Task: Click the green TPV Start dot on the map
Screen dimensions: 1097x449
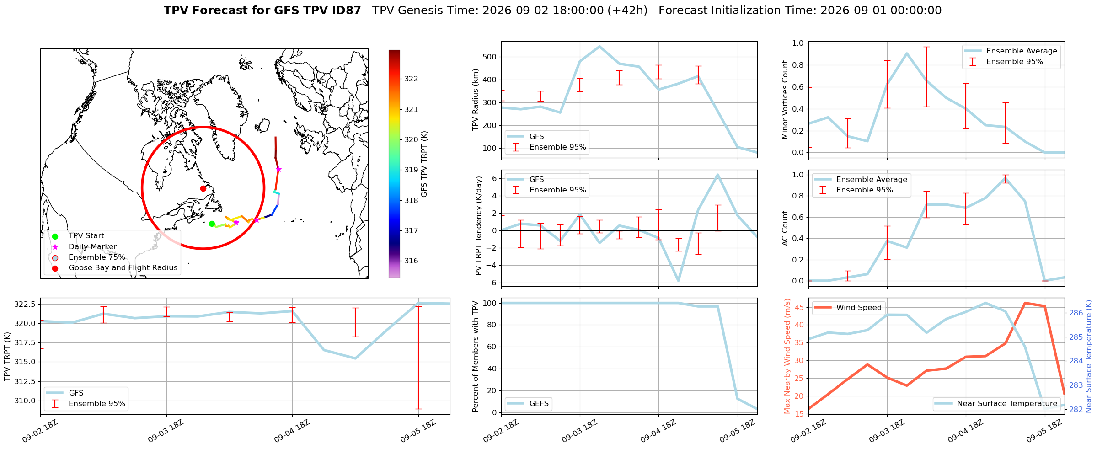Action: [212, 224]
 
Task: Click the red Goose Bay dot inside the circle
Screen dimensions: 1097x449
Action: [203, 188]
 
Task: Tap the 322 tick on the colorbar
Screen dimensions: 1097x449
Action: [411, 79]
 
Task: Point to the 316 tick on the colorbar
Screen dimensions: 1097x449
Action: [411, 261]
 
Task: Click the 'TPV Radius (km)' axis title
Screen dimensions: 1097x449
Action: [476, 100]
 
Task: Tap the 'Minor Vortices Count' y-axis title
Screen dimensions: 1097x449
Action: [785, 100]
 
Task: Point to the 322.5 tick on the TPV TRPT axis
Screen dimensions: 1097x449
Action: [26, 305]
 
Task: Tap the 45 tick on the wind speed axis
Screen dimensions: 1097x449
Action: [799, 308]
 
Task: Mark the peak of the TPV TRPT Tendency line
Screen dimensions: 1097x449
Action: [717, 175]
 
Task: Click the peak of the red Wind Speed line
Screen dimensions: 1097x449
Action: [1025, 303]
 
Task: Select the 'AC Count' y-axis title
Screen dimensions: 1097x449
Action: [785, 228]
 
